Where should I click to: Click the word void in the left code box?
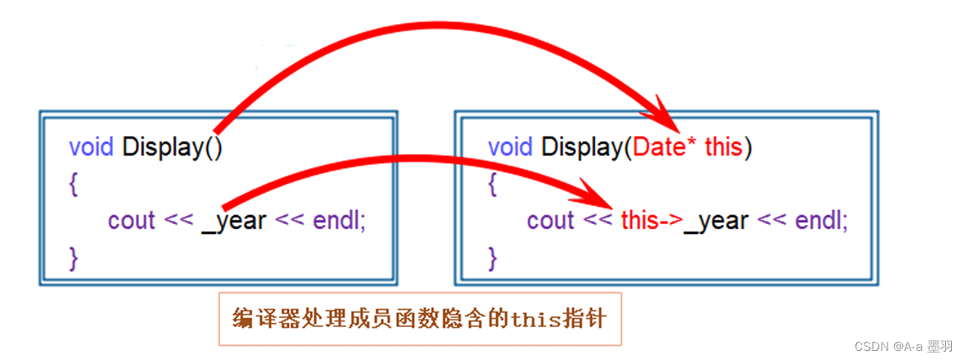tap(92, 148)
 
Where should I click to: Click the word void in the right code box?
tap(511, 148)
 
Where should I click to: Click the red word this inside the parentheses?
tap(724, 148)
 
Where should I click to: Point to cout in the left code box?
tap(131, 221)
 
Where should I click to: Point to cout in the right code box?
tap(550, 221)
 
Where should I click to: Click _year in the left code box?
tap(234, 221)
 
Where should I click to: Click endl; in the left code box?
tap(339, 221)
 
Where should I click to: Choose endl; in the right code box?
tap(820, 221)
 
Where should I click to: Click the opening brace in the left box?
tap(74, 185)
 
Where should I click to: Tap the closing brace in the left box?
tap(74, 257)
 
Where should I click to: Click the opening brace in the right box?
tap(493, 185)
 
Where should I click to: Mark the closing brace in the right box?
tap(493, 257)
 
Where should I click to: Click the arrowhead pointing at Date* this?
tap(669, 115)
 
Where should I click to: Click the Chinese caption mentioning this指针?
tap(420, 318)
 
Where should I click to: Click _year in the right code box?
tap(716, 221)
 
